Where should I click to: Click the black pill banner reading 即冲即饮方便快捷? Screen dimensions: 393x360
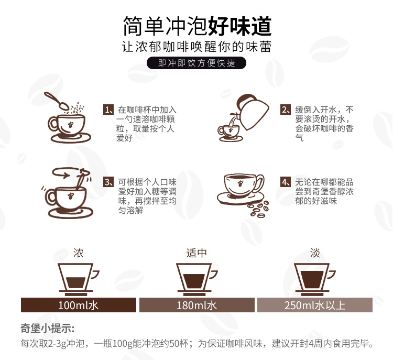coord(196,63)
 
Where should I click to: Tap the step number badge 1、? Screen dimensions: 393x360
coord(108,110)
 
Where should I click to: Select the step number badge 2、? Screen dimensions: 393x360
coord(286,110)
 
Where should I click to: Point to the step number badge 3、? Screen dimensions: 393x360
coord(108,182)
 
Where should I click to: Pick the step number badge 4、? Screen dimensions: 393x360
coord(286,182)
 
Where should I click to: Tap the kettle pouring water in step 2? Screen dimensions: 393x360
coord(253,112)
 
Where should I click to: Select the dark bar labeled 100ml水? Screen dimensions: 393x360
coord(79,305)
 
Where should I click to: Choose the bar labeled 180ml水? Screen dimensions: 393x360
coord(196,305)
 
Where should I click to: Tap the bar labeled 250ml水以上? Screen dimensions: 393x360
coord(315,305)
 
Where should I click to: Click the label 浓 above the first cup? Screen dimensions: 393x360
coord(78,253)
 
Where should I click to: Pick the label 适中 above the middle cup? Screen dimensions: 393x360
coord(196,253)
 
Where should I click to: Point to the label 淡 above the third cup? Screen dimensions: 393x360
coord(315,253)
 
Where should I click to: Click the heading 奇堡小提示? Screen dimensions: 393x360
coord(48,328)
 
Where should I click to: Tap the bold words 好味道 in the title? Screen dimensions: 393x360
coord(240,26)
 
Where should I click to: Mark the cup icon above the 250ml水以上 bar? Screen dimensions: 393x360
coord(314,279)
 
